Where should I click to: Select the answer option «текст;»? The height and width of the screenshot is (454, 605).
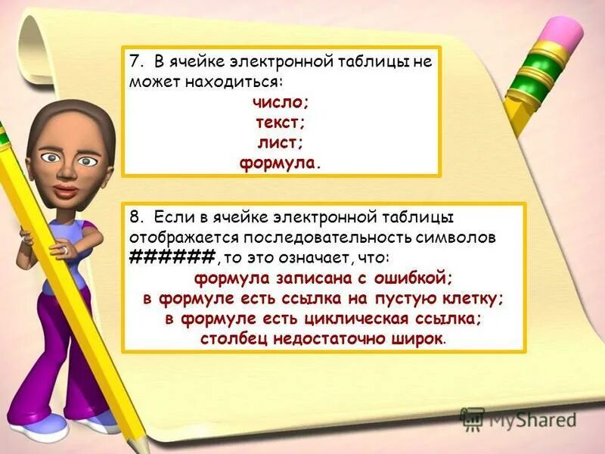click(x=281, y=122)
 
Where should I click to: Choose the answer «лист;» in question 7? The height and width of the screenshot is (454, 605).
click(x=281, y=141)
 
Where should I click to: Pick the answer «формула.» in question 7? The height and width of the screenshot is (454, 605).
click(x=281, y=162)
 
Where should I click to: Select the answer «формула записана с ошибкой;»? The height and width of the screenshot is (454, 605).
click(x=323, y=277)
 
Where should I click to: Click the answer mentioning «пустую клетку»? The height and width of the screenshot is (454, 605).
click(x=323, y=298)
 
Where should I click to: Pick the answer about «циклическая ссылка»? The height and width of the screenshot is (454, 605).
click(x=323, y=319)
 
